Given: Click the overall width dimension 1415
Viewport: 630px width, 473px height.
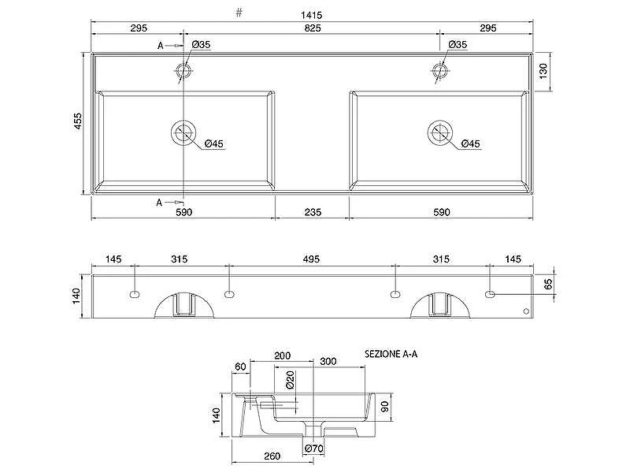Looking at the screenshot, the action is [311, 15].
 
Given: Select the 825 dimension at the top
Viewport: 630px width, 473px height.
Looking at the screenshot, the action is [313, 28].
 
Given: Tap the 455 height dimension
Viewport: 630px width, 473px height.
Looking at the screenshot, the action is [77, 121].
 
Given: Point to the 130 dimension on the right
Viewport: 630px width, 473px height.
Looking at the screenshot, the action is [543, 71].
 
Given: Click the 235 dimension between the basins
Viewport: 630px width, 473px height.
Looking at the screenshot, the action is [313, 212].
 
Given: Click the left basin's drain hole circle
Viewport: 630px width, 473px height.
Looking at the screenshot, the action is [183, 132].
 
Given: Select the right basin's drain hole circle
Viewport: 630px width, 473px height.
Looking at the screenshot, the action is [440, 132].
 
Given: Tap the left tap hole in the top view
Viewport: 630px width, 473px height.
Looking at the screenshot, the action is [183, 71].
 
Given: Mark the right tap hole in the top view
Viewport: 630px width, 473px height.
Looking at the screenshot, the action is [440, 71].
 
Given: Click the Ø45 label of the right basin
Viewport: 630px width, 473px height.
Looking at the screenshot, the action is [470, 143].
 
